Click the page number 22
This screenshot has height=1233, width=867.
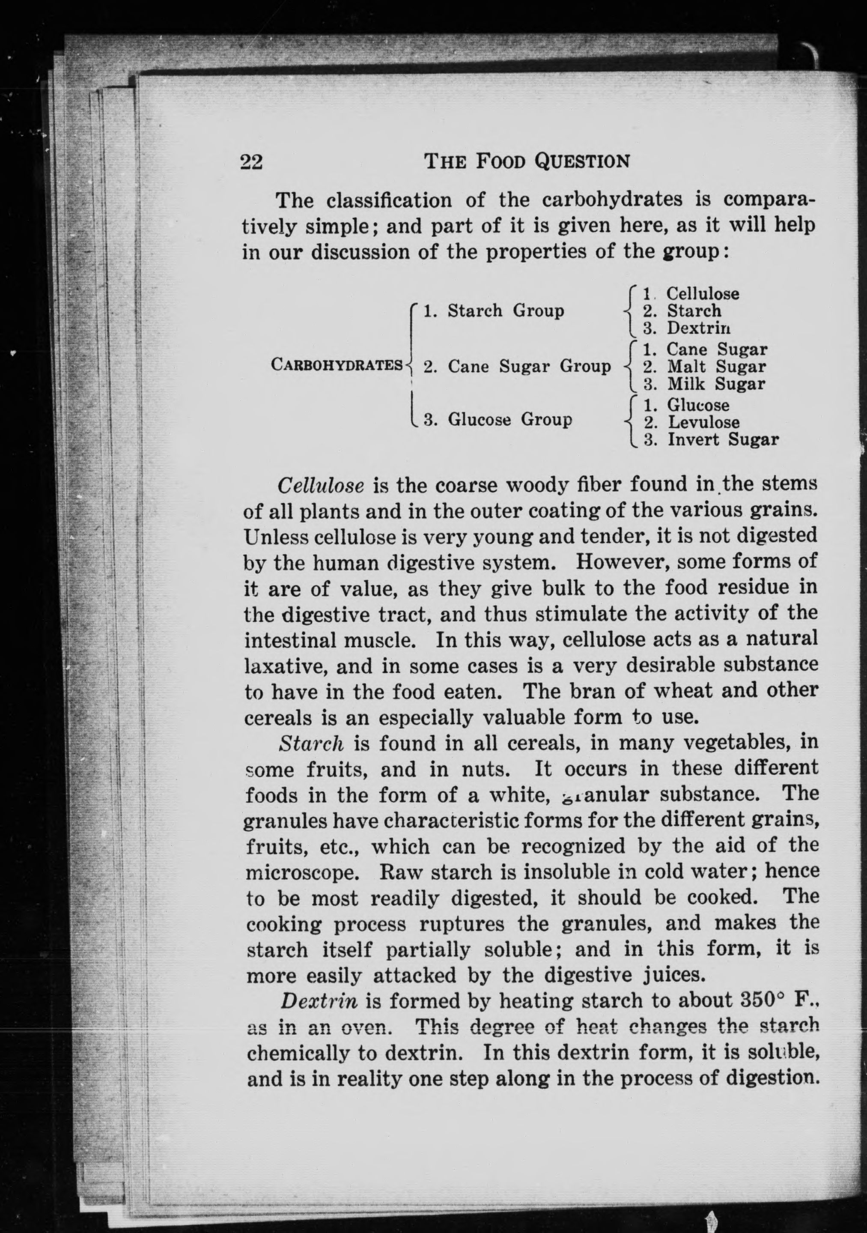tap(252, 161)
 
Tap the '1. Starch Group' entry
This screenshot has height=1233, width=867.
tap(494, 310)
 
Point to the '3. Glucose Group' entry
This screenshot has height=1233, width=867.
tap(498, 419)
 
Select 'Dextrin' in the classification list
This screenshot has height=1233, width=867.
tap(698, 328)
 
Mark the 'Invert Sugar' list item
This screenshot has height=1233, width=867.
tap(723, 440)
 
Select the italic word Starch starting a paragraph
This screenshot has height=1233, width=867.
tap(311, 743)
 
